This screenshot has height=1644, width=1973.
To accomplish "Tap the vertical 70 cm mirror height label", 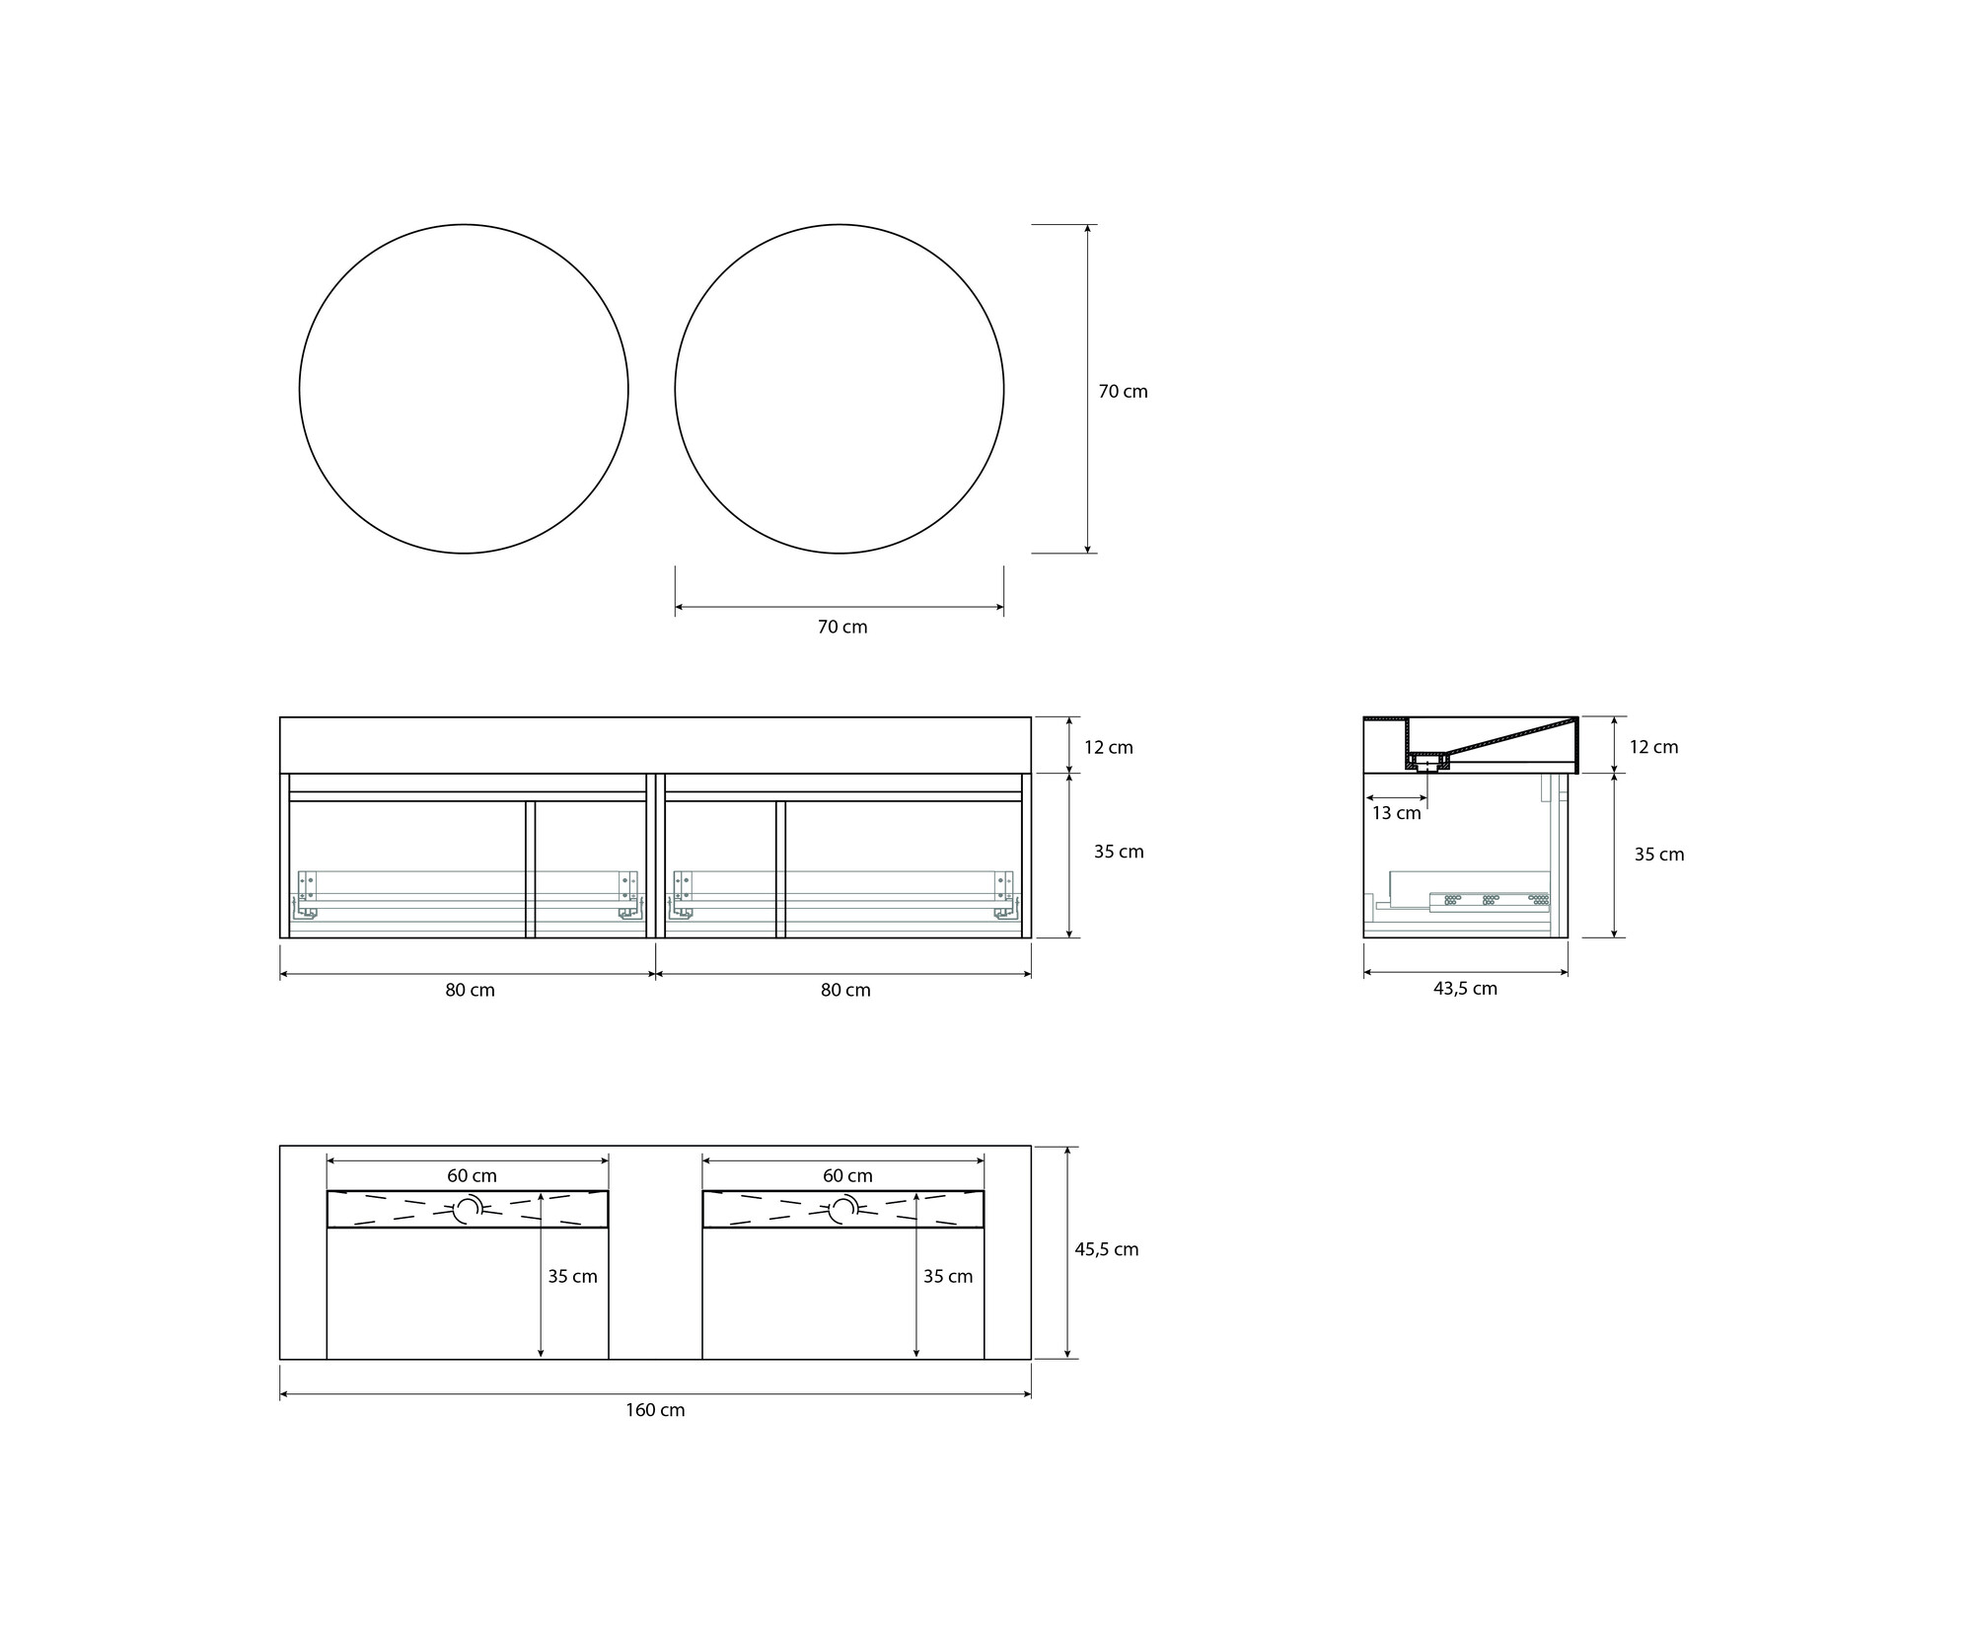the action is click(1124, 392).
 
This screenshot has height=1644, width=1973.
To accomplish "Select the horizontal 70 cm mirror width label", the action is click(842, 627).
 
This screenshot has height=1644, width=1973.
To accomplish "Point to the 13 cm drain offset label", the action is click(1397, 813).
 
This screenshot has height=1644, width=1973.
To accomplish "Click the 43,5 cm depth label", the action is click(1465, 989).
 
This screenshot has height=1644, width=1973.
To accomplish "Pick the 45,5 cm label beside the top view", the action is click(1107, 1249).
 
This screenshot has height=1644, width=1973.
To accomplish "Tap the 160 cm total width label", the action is click(655, 1410).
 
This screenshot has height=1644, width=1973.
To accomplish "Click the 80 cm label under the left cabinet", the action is click(470, 990).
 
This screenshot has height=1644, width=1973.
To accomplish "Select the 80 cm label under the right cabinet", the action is click(845, 990).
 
